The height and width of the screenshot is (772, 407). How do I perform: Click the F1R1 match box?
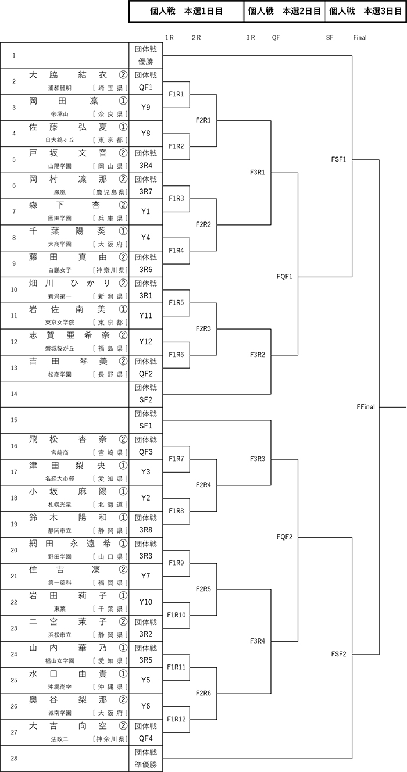pos(176,94)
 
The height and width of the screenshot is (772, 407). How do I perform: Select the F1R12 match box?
pos(176,719)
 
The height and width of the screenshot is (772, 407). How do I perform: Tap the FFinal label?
pos(366,407)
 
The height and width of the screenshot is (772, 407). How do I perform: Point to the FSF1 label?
pos(338,159)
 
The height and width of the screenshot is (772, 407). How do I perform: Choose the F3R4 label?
pos(258,641)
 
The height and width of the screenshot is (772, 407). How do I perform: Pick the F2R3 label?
pos(203,328)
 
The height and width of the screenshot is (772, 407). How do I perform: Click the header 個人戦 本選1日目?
pos(186,11)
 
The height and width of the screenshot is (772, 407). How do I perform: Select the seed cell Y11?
pos(146,316)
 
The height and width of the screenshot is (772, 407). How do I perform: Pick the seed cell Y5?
pos(146,680)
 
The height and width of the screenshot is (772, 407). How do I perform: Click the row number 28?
pos(14,758)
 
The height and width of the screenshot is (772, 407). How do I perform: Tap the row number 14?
pos(14,394)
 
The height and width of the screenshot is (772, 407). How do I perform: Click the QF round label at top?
pos(276,38)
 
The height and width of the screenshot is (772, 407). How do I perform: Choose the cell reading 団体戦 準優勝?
pos(146,758)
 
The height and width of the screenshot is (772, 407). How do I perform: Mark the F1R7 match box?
pos(176,459)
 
